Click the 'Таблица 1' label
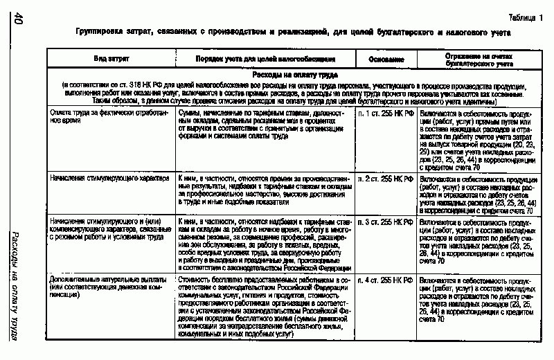click(526, 18)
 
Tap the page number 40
click(19, 21)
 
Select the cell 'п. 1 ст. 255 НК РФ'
click(386, 111)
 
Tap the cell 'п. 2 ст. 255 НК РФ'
click(386, 179)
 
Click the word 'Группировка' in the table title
click(102, 33)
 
